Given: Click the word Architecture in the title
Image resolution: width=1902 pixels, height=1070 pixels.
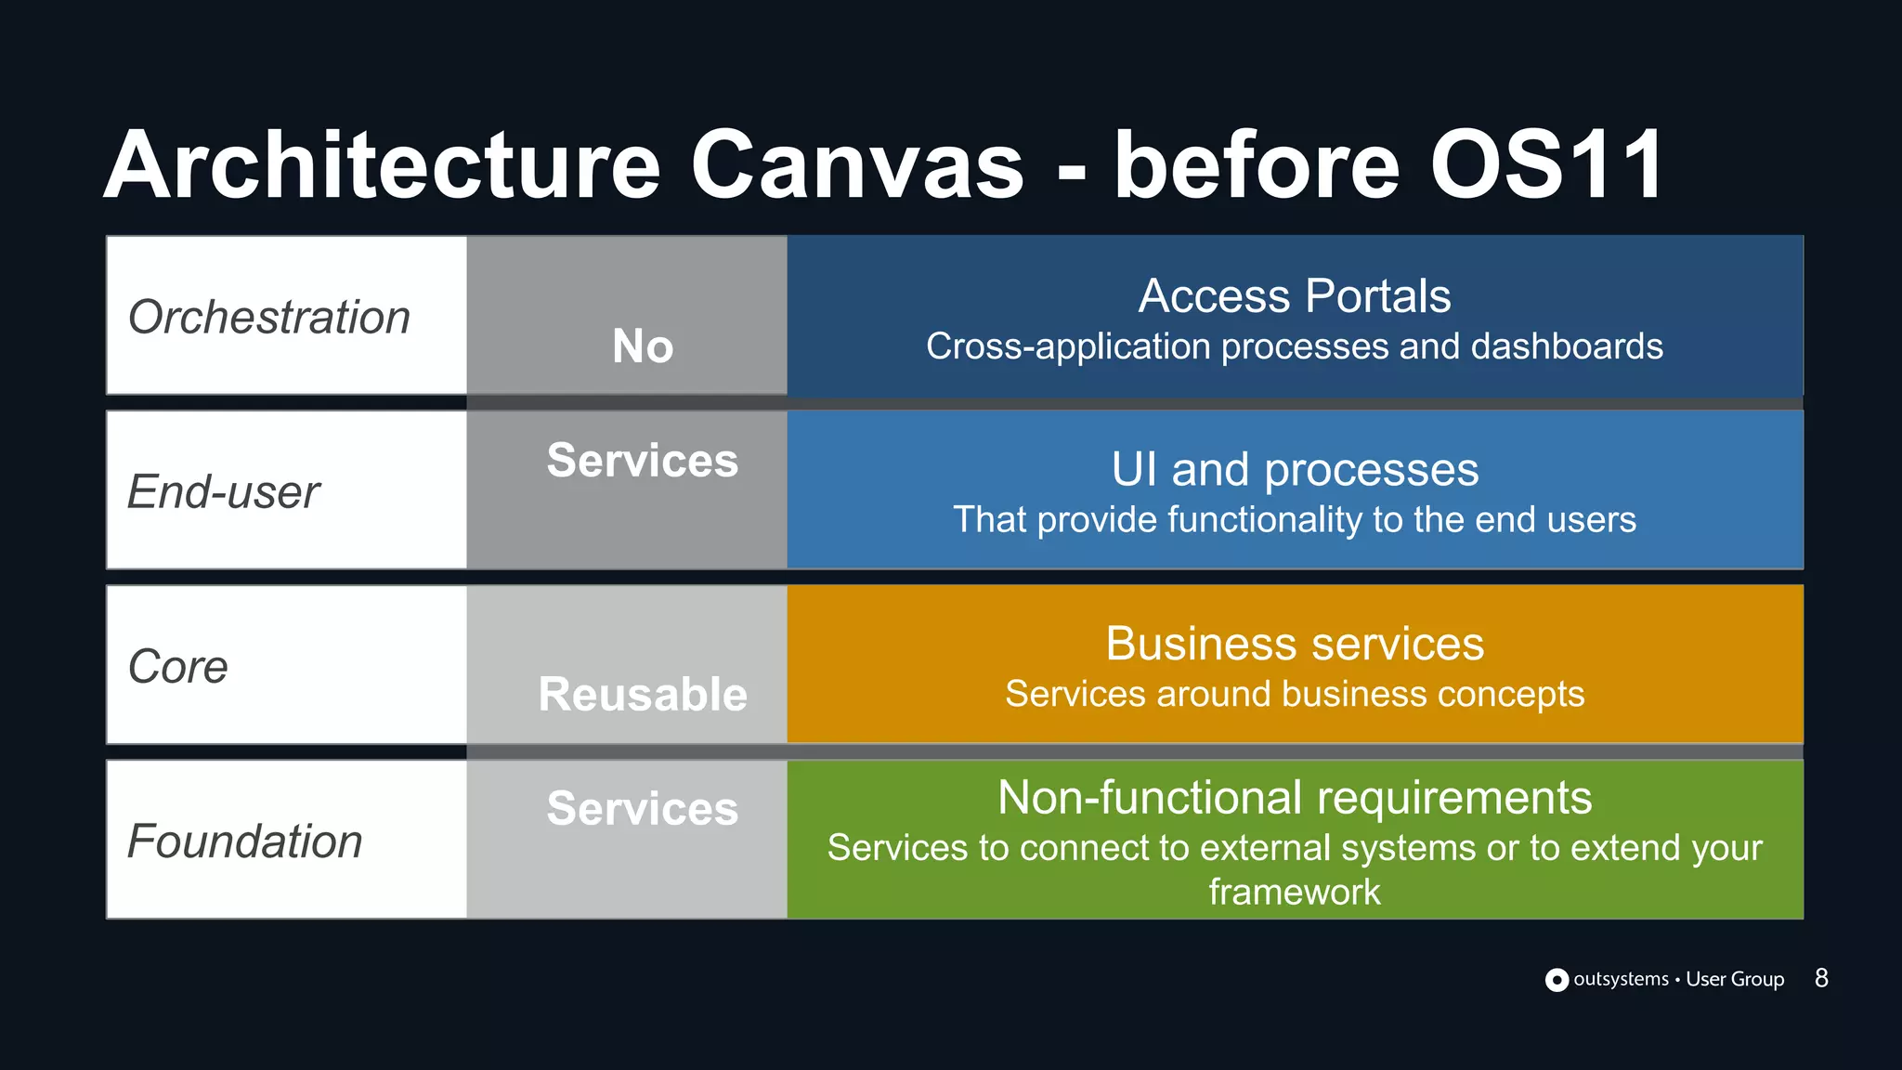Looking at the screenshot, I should pos(383,165).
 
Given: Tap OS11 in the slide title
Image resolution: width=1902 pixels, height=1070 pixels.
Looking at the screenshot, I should pos(1546,165).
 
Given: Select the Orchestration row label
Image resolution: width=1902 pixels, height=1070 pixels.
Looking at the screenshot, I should pos(269,317).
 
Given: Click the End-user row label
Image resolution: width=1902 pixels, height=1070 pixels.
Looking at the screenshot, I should pos(224,491).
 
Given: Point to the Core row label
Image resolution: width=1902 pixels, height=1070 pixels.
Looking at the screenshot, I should pos(178,666).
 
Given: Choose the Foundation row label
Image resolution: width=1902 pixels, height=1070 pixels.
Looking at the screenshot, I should pos(245,841).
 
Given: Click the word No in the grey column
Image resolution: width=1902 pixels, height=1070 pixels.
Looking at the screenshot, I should pos(643,346).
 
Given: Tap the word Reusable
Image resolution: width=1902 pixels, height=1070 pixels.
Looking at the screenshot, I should pos(643,694).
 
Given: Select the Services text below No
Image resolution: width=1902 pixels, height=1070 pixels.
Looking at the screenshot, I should pos(643,461).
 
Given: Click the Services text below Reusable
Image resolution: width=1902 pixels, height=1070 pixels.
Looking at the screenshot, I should pos(643,808).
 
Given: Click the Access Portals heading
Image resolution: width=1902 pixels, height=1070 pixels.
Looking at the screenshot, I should pos(1295,296).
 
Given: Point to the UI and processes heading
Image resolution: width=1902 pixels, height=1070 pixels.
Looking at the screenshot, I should pos(1295,469).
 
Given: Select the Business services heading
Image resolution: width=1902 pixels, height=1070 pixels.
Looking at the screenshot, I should pos(1295,644).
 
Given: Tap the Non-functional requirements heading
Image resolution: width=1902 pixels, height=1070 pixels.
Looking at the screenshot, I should pos(1295,798).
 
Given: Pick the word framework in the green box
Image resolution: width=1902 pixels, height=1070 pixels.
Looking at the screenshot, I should pos(1295,892).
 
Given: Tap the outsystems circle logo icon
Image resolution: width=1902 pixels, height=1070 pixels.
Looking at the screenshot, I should pos(1557,980).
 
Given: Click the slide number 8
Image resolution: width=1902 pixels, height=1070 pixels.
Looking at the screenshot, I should pos(1821,978).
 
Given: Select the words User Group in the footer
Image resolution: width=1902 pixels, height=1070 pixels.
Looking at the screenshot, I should pos(1735,979).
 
